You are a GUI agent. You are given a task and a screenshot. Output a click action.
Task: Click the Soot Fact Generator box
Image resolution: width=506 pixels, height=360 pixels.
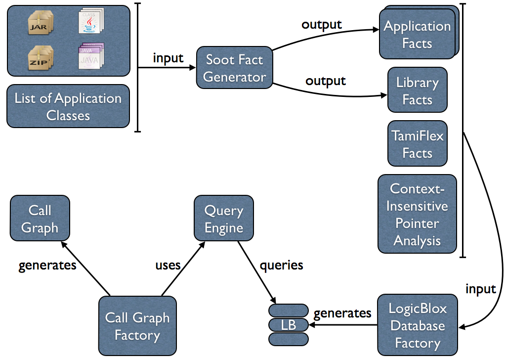coord(234,68)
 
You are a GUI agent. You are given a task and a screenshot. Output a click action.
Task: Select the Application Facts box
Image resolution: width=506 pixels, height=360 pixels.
coord(417,35)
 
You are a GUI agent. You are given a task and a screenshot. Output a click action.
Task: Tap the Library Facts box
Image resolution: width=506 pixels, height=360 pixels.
coord(417,91)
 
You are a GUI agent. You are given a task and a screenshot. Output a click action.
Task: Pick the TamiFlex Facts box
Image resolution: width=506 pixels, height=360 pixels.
coord(417,144)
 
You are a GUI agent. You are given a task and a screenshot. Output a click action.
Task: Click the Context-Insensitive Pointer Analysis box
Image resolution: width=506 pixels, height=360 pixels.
coord(417,215)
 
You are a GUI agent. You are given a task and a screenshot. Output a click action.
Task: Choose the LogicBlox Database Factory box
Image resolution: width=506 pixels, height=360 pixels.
coord(417,326)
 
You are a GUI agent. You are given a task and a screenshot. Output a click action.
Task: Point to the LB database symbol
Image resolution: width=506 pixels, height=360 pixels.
coord(289,325)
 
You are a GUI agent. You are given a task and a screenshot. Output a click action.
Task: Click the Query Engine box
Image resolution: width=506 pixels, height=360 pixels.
coord(224,220)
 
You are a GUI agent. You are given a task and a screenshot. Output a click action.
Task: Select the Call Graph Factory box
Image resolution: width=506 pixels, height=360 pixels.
coord(137,326)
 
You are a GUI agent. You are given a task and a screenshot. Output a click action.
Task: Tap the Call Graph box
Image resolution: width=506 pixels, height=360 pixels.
coord(40,219)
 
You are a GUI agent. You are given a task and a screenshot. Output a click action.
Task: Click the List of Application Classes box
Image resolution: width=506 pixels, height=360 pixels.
coord(68,107)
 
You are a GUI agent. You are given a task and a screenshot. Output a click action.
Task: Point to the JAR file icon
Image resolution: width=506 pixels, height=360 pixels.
coord(40,23)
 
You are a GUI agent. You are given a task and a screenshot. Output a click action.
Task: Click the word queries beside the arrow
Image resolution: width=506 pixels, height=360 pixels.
coord(281,265)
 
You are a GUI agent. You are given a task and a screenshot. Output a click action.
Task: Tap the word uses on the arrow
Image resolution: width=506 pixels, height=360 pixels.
coord(168,265)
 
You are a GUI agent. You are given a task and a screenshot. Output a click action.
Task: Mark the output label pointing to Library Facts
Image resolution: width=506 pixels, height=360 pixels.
coord(326,81)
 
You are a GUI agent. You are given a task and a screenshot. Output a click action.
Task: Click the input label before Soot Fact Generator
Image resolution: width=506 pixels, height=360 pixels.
coord(168,58)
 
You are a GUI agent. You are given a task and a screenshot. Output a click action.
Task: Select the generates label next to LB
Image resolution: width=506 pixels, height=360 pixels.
coord(342,313)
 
